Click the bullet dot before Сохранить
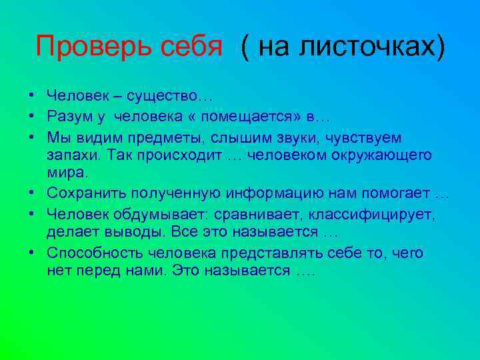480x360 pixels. (x=32, y=195)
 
